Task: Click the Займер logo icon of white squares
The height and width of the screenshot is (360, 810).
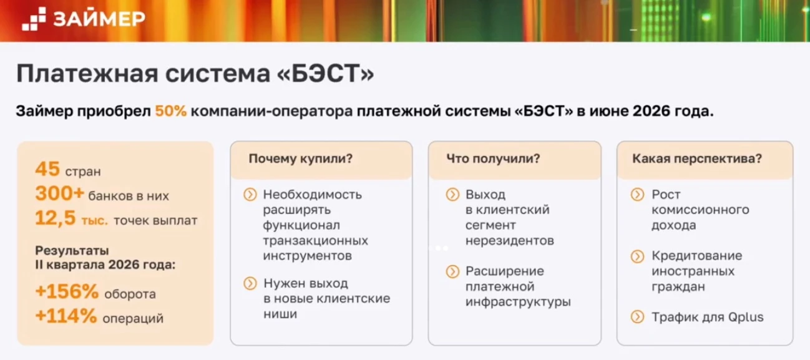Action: point(34,19)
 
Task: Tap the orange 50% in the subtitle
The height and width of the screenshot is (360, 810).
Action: point(171,111)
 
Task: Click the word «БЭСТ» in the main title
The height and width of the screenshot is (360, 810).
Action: point(326,74)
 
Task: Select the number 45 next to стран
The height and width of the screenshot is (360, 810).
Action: point(47,169)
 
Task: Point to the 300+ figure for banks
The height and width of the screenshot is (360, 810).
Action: point(60,193)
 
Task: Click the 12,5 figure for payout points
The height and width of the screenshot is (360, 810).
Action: point(56,218)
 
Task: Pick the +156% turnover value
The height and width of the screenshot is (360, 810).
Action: point(67,291)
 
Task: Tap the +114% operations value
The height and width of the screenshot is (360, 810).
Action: point(66,316)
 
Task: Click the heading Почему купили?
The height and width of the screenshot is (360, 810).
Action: point(301,158)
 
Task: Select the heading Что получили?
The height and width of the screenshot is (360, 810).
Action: point(493,158)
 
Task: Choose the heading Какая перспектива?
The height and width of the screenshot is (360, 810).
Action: point(697,158)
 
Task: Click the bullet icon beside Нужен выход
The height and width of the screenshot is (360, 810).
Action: point(250,283)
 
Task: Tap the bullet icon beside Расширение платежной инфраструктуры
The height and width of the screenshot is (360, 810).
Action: point(452,271)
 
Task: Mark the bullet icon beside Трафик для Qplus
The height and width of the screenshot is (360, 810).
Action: point(638,317)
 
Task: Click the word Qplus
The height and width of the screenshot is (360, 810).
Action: point(746,318)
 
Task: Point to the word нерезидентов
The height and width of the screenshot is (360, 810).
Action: point(509,241)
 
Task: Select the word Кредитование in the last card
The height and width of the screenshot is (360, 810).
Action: point(697,256)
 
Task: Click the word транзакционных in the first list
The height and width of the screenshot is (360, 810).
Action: point(315,241)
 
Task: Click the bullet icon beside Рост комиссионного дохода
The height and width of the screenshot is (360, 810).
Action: point(638,195)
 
